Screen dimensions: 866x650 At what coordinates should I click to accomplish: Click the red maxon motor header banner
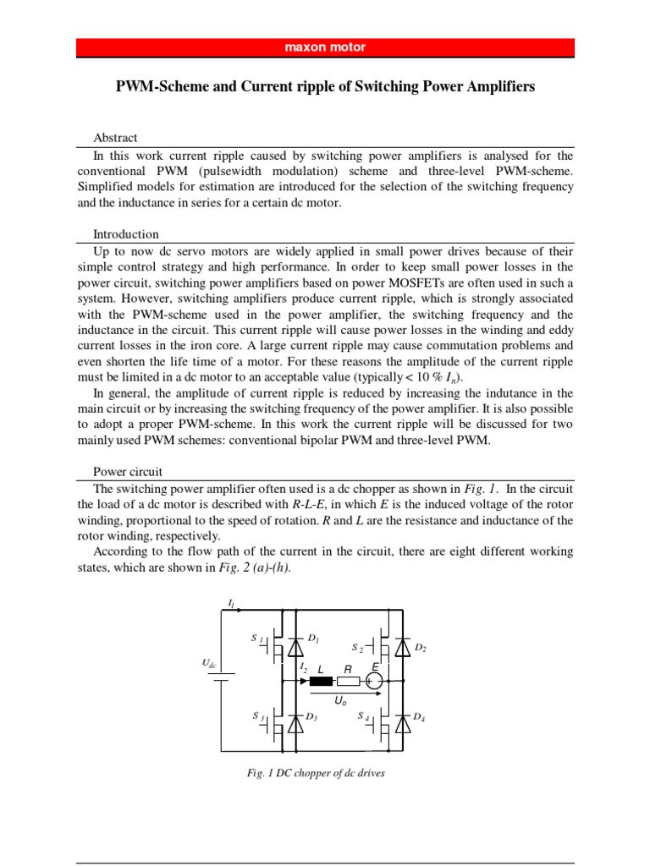point(325,48)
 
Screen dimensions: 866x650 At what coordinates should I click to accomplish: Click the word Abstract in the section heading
point(115,138)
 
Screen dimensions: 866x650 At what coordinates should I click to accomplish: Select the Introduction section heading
point(125,234)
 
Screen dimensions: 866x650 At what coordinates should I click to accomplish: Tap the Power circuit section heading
point(128,471)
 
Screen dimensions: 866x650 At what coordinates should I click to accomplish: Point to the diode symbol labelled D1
point(295,647)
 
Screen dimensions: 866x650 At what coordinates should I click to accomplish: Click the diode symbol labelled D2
point(403,649)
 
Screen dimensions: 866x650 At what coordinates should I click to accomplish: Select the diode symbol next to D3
point(295,723)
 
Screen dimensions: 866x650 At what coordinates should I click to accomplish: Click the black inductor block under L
point(322,681)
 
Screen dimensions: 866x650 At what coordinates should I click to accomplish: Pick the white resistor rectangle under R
point(348,681)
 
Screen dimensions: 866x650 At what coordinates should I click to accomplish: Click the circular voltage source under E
point(375,681)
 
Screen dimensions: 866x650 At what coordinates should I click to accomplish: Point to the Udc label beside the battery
point(209,666)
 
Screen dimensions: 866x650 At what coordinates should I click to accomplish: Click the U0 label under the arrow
point(340,700)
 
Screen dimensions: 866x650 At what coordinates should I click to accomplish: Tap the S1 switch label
point(258,637)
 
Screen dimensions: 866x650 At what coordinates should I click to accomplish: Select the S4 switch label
point(362,715)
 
